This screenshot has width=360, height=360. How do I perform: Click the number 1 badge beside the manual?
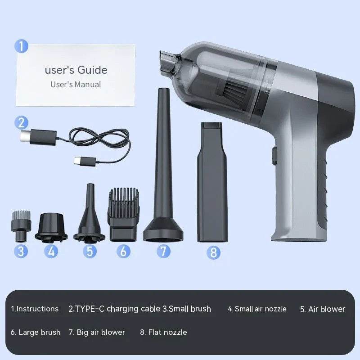coord(21,46)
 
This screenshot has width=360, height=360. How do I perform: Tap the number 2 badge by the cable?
coord(21,122)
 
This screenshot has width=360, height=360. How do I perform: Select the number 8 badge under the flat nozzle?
coord(213,252)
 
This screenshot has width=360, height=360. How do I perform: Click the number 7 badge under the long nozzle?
coord(164,251)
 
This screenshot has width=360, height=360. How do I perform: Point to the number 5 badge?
coord(90,251)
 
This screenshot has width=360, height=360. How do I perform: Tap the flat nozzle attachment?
coord(212,180)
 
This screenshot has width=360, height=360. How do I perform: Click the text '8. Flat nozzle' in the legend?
coord(163,332)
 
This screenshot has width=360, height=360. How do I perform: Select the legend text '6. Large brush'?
coord(36,333)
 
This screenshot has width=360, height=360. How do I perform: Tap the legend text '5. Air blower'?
coord(323,309)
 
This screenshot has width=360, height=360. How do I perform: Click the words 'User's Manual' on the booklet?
coord(76,84)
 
